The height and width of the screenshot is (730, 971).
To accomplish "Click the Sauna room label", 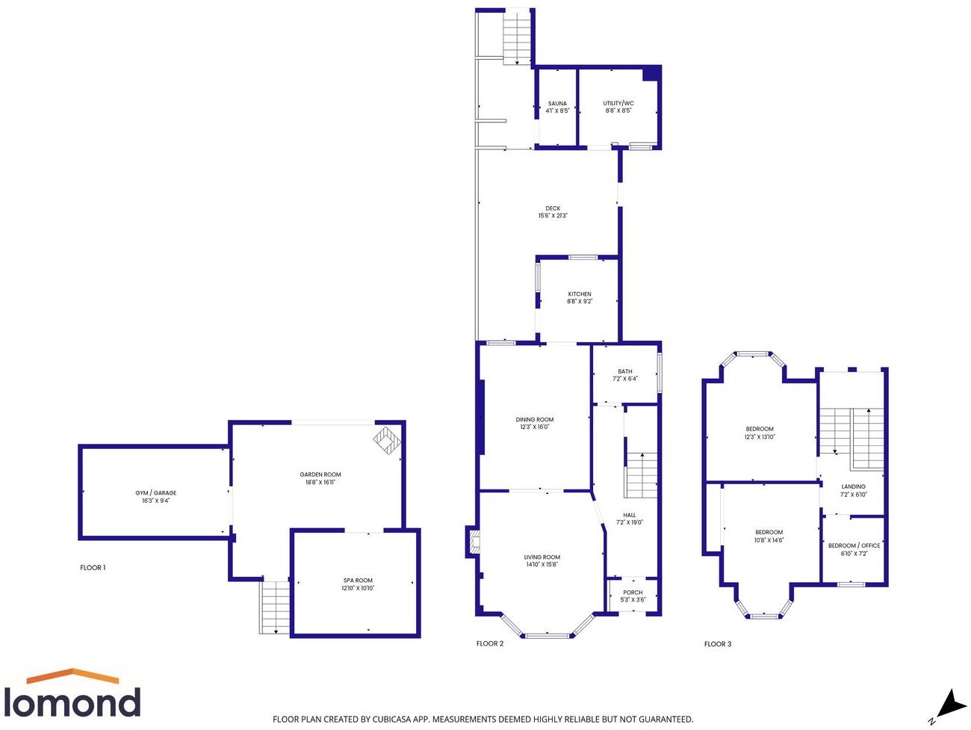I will click(557, 104).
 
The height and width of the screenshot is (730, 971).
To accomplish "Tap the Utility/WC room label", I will click(618, 104).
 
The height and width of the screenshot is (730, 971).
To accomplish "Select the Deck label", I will click(553, 209).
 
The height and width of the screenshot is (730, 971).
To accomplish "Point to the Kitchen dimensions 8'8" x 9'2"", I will click(580, 302).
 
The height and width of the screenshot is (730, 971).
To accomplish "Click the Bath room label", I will click(625, 371).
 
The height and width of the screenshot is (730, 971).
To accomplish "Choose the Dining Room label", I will click(535, 420).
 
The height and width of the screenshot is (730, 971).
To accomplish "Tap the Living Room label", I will click(542, 557).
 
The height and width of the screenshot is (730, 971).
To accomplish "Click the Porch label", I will click(633, 593).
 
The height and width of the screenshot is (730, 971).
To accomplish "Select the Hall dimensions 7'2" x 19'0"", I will click(630, 523).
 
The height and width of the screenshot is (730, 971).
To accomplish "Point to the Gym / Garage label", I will click(156, 493).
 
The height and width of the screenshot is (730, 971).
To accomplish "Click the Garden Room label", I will click(320, 474).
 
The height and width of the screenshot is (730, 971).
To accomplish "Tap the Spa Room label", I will click(358, 581).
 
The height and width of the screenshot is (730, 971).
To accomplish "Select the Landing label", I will click(854, 486).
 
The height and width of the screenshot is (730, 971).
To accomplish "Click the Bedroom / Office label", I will click(854, 545).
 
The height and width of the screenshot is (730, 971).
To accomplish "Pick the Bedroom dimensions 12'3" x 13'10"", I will click(760, 437).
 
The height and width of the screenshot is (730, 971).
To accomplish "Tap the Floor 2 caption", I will click(490, 643).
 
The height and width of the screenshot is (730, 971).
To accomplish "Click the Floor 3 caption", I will click(718, 643).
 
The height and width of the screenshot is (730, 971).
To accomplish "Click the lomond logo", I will click(72, 695).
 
